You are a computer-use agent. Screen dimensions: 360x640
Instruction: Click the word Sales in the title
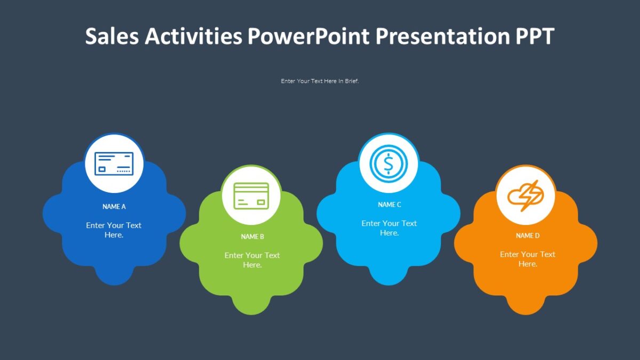(112, 36)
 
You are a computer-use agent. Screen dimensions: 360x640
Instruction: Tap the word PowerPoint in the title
(308, 36)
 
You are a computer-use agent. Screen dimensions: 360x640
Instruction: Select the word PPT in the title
(535, 36)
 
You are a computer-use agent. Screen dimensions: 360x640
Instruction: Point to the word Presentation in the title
(442, 36)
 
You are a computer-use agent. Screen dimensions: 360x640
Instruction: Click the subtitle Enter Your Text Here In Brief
(320, 81)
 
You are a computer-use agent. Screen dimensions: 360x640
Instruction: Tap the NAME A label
(114, 206)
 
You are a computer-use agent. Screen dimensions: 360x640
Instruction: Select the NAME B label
(252, 236)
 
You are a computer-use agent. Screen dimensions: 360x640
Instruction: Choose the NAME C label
(389, 204)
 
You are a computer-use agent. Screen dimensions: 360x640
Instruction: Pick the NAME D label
(527, 235)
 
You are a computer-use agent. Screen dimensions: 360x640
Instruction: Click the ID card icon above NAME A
(114, 164)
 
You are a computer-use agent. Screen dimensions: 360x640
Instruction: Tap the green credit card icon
(251, 196)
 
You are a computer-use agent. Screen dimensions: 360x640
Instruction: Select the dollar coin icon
(388, 164)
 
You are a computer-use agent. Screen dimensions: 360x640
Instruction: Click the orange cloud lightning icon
(526, 196)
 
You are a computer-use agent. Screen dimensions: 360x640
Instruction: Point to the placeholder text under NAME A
(114, 230)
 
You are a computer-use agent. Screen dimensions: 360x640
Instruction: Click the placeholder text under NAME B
(252, 260)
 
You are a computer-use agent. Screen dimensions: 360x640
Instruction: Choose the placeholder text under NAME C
(389, 228)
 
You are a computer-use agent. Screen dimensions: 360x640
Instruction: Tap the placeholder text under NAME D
(527, 259)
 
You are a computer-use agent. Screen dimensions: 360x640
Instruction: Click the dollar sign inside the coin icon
(388, 164)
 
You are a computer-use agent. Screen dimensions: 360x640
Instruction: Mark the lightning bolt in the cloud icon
(530, 195)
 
